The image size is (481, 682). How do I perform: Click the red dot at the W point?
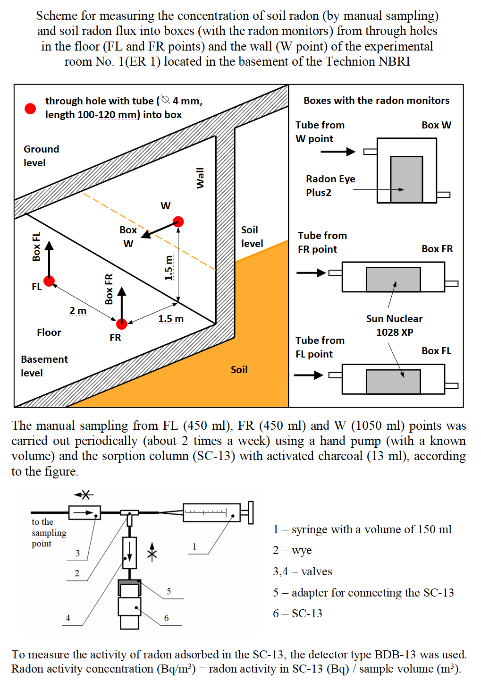tap(178, 222)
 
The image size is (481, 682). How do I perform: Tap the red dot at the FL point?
tap(49, 281)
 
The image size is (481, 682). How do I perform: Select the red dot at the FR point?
tap(122, 324)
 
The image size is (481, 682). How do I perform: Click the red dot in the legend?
tap(30, 109)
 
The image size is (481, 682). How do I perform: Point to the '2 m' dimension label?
tap(78, 311)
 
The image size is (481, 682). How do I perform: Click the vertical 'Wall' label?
tap(200, 178)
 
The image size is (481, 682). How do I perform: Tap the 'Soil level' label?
tap(252, 237)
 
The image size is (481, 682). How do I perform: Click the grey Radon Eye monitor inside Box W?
tap(406, 179)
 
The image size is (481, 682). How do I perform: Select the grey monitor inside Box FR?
tap(393, 280)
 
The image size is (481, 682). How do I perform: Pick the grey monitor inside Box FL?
tap(393, 382)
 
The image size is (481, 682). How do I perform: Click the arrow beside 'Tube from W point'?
tap(338, 152)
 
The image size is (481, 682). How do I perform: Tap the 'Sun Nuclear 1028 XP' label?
tap(394, 325)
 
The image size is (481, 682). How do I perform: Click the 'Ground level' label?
tap(42, 156)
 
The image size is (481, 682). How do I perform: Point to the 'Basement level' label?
tap(44, 366)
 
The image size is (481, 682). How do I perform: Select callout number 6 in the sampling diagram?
tap(166, 618)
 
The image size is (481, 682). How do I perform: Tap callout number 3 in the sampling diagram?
tap(77, 553)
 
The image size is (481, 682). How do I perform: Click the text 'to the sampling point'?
tap(49, 533)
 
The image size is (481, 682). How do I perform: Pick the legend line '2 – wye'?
tap(292, 550)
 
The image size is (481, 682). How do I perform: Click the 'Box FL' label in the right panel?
tap(436, 351)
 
